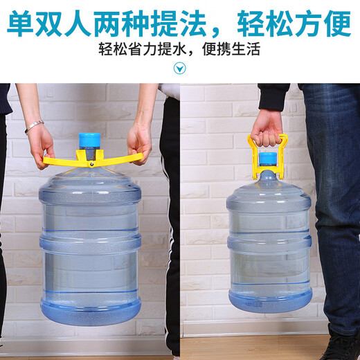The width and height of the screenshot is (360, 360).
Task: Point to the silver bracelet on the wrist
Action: click(34, 126)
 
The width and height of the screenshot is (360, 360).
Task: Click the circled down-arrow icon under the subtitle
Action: click(180, 67)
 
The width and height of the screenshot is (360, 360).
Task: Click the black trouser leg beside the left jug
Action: click(170, 228)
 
